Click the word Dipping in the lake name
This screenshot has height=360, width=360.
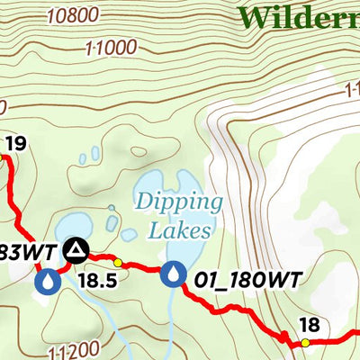point(178,202)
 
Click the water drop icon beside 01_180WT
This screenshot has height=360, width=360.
point(173,273)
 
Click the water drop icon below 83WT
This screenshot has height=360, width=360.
point(48,283)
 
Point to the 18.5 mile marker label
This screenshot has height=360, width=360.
point(97,280)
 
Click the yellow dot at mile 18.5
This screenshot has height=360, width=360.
point(118,263)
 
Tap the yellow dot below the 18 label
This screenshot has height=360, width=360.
point(305,343)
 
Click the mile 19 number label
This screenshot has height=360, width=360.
point(14,142)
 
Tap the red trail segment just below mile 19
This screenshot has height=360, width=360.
point(13,184)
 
